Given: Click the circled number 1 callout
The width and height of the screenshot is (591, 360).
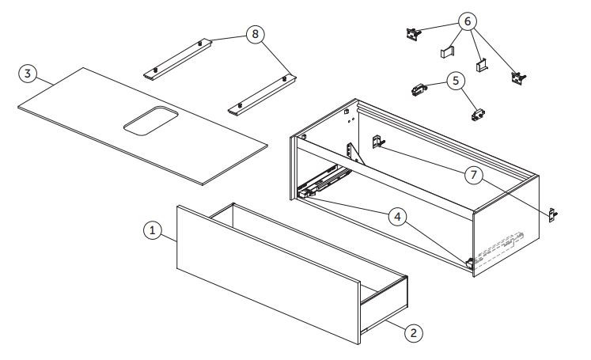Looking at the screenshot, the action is pos(153,230).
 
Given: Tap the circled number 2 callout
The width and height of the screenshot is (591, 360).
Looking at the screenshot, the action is pos(414,333).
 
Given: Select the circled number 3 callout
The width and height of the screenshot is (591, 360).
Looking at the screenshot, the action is pos(28,74).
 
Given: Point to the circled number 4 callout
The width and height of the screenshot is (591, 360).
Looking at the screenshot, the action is pos(397,217).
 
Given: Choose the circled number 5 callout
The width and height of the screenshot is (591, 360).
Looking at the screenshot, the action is pos(456,81).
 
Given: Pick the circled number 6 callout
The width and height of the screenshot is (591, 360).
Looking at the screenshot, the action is pos(468,21).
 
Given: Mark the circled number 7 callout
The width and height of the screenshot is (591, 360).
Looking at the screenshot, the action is pos(474,175).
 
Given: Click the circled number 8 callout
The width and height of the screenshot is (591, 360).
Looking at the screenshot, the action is pos(256,34).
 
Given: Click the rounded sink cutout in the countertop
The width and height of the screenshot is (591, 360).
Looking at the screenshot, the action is pos(151,120).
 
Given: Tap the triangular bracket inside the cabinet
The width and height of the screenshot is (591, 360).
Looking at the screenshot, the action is pos(354,153).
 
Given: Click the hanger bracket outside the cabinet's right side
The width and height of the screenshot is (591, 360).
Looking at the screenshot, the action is pos(553,215).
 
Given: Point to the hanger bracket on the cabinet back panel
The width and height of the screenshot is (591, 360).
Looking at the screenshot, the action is pos(378,142).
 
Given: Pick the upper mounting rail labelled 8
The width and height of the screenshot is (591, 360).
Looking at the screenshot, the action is pos(177,59).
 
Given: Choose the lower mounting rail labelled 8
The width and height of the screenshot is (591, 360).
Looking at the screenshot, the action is pos(262,95).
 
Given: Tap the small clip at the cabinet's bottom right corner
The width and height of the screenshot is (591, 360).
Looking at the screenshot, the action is pos(470,263).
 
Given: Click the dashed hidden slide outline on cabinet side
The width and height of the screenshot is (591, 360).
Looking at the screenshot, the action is pos(499,248).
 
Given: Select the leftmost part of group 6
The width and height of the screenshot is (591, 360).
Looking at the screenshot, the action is pos(413,33).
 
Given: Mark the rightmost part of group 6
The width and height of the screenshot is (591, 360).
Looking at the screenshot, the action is pos(518,78).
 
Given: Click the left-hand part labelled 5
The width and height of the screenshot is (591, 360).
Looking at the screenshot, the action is pos(419,90).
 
